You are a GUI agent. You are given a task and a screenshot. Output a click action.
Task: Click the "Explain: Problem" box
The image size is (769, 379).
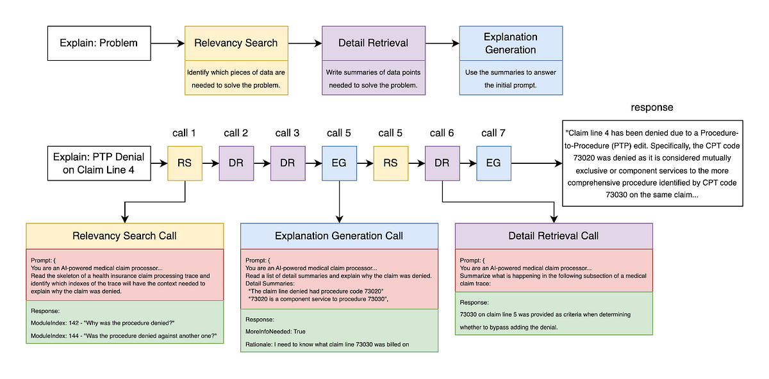coord(99,44)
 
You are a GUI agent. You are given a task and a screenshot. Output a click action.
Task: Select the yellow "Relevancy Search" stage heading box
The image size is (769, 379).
coord(236,44)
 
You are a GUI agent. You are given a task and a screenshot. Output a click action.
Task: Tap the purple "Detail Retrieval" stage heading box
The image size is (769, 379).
coord(373,44)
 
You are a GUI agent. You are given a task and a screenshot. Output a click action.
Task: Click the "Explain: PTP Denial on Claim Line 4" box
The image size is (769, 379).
coord(99,163)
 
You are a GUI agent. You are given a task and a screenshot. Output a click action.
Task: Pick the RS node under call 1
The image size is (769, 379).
coord(185,163)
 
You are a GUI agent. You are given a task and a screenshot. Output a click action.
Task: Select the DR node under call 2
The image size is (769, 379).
coord(236,163)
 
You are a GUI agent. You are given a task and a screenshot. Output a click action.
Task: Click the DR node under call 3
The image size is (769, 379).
coord(287,163)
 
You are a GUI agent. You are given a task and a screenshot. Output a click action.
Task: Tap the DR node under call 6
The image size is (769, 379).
coord(442,163)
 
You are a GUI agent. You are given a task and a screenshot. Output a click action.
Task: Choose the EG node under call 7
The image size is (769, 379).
coord(493,163)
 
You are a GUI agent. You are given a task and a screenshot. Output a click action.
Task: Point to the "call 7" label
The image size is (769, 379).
coord(493,133)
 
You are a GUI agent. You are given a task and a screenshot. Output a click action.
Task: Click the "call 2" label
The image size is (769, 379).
coord(236,133)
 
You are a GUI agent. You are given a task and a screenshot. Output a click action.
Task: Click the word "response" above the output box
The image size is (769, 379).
coord(651,107)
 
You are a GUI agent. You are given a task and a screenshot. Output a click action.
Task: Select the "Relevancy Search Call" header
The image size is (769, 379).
coord(124,236)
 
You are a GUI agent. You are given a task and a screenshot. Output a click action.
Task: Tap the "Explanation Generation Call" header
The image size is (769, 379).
coord(339,236)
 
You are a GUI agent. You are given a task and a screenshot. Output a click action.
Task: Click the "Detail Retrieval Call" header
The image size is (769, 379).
coord(554,236)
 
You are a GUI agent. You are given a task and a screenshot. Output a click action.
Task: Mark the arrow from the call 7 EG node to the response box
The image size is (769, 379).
coord(535,163)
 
